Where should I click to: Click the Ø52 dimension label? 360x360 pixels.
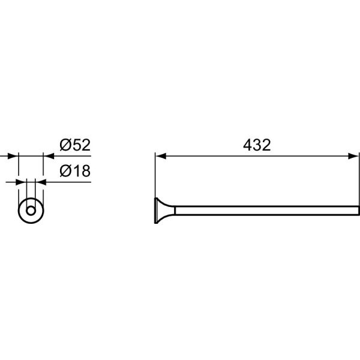75,145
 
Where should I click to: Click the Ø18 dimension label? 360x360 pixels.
75,171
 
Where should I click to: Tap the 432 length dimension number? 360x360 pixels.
257,145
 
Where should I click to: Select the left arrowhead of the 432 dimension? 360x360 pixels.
161,156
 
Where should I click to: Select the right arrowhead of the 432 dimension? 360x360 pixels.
353,156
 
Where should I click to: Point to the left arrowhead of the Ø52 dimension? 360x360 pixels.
13,156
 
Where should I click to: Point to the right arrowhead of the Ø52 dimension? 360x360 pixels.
49,156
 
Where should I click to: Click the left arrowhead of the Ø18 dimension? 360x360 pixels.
21,182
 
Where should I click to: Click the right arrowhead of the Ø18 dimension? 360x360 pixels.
41,182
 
